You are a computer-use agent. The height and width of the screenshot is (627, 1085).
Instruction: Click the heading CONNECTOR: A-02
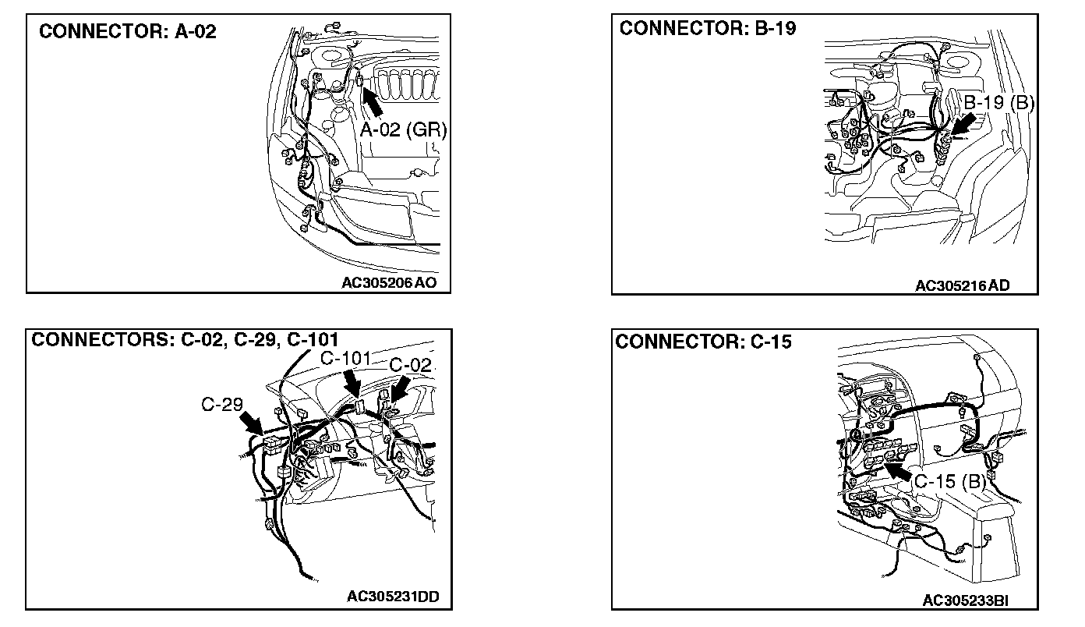click(x=127, y=32)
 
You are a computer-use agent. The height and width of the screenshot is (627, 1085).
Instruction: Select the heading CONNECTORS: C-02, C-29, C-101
click(x=184, y=340)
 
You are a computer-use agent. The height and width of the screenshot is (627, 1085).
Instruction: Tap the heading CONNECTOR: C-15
click(x=704, y=342)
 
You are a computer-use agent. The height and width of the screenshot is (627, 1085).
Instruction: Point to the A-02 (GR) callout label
click(x=403, y=130)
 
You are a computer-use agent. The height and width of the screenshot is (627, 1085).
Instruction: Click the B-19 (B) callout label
click(x=998, y=102)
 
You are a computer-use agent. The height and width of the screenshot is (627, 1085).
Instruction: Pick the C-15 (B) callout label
click(x=950, y=481)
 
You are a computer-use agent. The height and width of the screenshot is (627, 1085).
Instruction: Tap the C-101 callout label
click(x=345, y=359)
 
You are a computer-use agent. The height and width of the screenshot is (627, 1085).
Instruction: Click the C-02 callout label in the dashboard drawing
click(x=410, y=364)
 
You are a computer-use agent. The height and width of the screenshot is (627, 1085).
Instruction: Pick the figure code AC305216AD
click(x=962, y=285)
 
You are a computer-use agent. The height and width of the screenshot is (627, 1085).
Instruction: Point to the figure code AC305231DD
click(x=393, y=597)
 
